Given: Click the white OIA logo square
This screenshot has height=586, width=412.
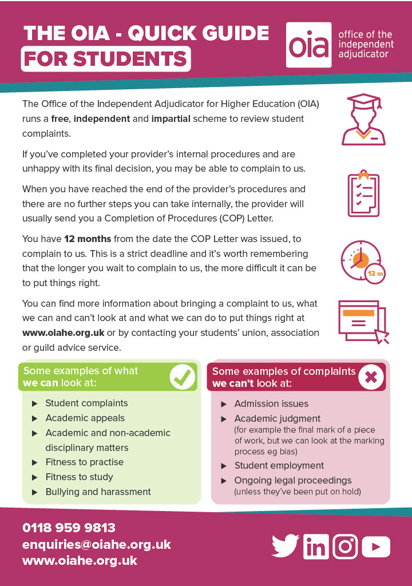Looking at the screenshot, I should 309,45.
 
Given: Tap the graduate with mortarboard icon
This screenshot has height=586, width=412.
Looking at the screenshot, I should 363,120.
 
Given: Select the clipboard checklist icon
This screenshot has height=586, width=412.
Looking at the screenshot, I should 363,193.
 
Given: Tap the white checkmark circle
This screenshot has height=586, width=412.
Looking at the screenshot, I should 183,376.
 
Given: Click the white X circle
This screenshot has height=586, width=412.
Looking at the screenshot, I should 370,377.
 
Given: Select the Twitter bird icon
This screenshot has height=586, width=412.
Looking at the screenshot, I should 285,546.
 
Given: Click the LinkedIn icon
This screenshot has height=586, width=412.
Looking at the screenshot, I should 316,546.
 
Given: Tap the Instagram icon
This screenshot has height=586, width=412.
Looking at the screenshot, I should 345,546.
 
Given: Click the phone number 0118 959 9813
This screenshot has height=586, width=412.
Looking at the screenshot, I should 69,528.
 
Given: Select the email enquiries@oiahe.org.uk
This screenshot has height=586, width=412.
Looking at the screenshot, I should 96,544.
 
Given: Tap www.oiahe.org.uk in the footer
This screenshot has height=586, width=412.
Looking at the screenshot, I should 80,561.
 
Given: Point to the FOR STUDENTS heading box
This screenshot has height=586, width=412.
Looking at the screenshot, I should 106,59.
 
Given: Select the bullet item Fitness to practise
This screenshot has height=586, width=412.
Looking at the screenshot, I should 84,462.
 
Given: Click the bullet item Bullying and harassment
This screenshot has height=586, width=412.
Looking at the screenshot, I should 98,492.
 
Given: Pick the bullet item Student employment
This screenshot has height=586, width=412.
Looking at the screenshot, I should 279,465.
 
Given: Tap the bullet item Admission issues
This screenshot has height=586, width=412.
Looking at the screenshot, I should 271,403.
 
